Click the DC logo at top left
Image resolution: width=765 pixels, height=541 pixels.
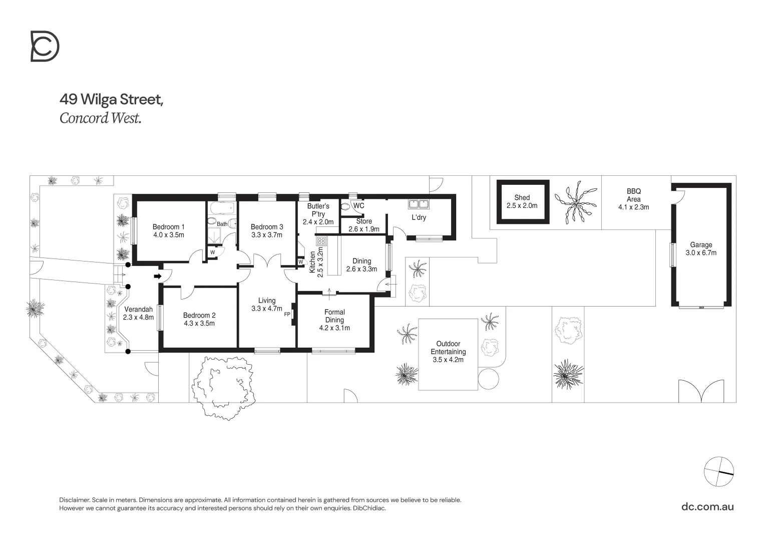[x=45, y=46]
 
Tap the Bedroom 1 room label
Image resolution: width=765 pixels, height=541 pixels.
[x=168, y=227]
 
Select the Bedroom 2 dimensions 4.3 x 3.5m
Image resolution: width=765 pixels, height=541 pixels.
[x=199, y=324]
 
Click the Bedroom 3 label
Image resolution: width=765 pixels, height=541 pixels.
[x=267, y=227]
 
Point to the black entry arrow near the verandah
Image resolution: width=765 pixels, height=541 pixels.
[x=157, y=276]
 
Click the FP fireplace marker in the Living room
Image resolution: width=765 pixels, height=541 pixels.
[x=287, y=315]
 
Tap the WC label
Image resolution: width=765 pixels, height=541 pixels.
[x=358, y=205]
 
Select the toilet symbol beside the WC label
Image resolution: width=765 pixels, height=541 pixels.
[x=346, y=206]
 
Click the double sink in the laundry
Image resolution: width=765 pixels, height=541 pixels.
[x=419, y=204]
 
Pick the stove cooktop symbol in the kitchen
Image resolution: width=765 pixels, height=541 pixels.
[x=321, y=241]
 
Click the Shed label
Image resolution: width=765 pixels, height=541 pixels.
[x=522, y=198]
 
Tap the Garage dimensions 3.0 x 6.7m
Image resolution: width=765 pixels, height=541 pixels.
[x=701, y=253]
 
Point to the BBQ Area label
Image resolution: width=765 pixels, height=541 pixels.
[x=633, y=195]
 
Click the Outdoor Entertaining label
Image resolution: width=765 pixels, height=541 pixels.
[x=448, y=348]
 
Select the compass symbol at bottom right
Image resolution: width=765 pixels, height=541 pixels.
[x=718, y=471]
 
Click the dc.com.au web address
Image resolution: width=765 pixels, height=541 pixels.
[x=707, y=506]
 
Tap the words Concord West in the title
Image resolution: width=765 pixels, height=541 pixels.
[x=100, y=118]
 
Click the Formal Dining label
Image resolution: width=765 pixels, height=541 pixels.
[x=334, y=316]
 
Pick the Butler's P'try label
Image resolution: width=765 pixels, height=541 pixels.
[x=318, y=210]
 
